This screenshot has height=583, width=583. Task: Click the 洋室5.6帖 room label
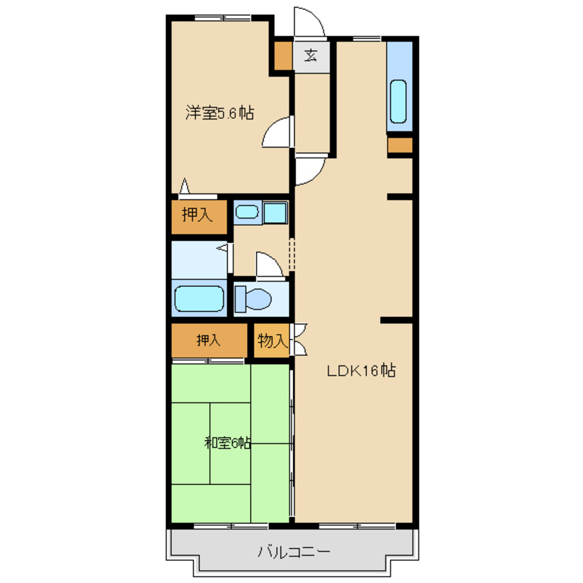tap(220, 113)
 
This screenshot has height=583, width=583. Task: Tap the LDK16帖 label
tap(361, 371)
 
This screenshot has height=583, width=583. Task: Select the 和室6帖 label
tap(227, 443)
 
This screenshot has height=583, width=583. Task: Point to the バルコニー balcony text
tap(294, 552)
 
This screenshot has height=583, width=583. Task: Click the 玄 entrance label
tap(311, 56)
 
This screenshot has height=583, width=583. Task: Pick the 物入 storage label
tap(272, 340)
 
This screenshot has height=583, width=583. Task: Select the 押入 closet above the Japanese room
tap(208, 340)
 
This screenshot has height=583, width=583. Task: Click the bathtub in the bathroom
tap(199, 298)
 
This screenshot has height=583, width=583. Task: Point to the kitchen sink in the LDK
tap(398, 101)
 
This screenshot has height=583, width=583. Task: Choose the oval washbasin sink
tap(247, 213)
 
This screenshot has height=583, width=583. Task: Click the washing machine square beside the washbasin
tap(275, 213)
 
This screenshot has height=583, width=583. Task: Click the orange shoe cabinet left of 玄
tap(283, 55)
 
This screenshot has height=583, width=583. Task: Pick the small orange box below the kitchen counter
tap(400, 145)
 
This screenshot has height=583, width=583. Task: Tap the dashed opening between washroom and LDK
tap(292, 255)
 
